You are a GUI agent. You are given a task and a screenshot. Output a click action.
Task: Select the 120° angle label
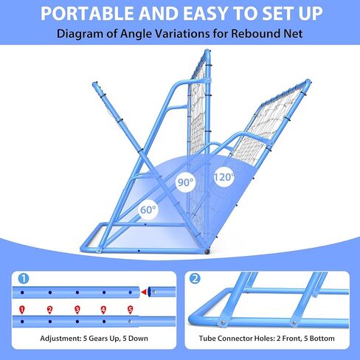coord(224,176)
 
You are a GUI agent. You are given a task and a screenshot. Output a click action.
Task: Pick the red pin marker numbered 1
coord(23,310)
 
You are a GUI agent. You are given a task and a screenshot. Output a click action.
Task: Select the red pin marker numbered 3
coord(77,310)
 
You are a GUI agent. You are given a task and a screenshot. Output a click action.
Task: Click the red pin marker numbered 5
coord(130,310)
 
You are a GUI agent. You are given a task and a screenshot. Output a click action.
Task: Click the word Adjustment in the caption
coord(56,342)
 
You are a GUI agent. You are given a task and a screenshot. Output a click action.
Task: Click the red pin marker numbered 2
coord(49,310)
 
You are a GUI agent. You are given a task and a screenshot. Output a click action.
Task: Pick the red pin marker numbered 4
coord(103,310)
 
